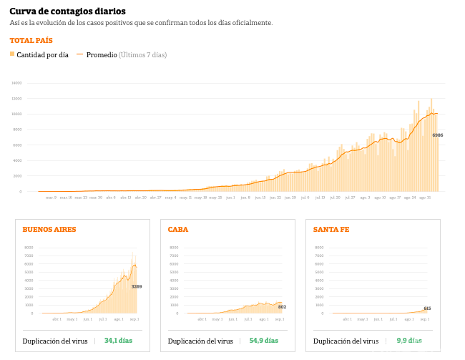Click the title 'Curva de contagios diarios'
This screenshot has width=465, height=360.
(67, 11)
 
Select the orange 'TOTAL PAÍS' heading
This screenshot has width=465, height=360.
(31, 41)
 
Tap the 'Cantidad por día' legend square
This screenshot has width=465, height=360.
(12, 54)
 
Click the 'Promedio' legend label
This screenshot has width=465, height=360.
(102, 55)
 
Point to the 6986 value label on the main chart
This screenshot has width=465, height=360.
(437, 135)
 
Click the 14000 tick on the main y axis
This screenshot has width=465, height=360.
(16, 83)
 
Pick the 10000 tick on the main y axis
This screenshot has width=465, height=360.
(16, 114)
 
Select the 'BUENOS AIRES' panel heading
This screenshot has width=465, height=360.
(49, 230)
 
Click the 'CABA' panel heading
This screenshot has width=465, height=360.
(178, 230)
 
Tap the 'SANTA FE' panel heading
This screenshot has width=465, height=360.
(331, 230)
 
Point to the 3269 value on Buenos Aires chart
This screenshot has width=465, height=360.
(137, 286)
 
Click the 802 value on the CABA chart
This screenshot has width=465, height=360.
(282, 306)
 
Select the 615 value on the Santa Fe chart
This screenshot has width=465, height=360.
(427, 308)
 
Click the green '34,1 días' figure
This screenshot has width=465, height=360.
(118, 341)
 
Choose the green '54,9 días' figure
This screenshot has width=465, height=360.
(263, 341)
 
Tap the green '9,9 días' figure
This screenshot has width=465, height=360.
(408, 341)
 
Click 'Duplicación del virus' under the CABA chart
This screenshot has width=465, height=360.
(200, 341)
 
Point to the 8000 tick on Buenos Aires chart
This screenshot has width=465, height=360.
(29, 248)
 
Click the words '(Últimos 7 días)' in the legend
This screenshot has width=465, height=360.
(143, 55)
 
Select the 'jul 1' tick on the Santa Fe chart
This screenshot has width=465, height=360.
(393, 319)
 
